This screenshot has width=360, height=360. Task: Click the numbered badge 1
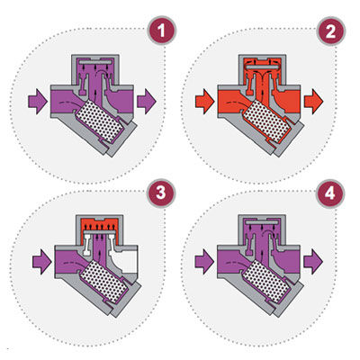tap(162, 31)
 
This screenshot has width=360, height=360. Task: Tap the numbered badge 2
tap(331, 31)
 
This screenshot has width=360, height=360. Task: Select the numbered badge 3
tap(161, 193)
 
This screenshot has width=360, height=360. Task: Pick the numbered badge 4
tap(330, 193)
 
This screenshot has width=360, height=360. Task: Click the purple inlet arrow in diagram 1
tap(38, 102)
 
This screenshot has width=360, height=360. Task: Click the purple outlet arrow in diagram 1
tap(147, 102)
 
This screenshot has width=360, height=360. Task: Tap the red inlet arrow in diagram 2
tap(204, 102)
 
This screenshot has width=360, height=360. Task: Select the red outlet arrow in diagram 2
tap(313, 102)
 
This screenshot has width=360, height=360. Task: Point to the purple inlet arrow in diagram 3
tap(42, 261)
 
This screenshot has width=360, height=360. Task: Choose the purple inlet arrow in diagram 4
tap(204, 261)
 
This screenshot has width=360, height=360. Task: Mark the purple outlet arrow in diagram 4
tap(313, 261)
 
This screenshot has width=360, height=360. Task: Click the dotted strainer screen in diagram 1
tap(100, 121)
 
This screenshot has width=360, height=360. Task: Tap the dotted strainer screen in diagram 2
tap(266, 121)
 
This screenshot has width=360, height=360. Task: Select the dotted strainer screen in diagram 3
tap(105, 281)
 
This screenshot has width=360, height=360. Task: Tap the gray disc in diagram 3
tap(100, 232)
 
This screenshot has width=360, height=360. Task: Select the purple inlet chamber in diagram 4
tap(232, 262)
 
